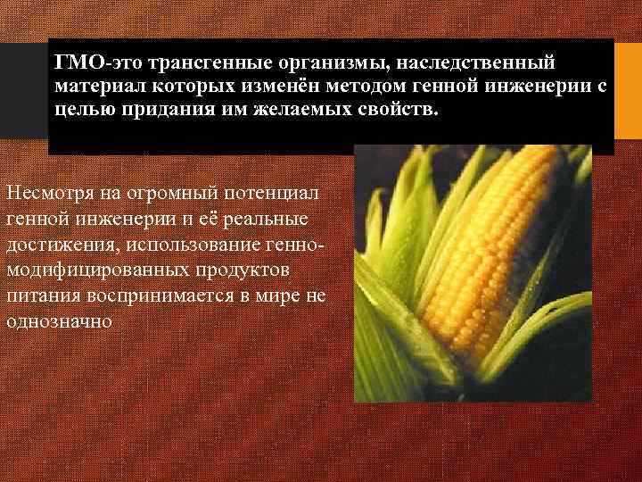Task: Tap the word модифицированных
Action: coord(97,270)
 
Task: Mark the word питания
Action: coord(38,295)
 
